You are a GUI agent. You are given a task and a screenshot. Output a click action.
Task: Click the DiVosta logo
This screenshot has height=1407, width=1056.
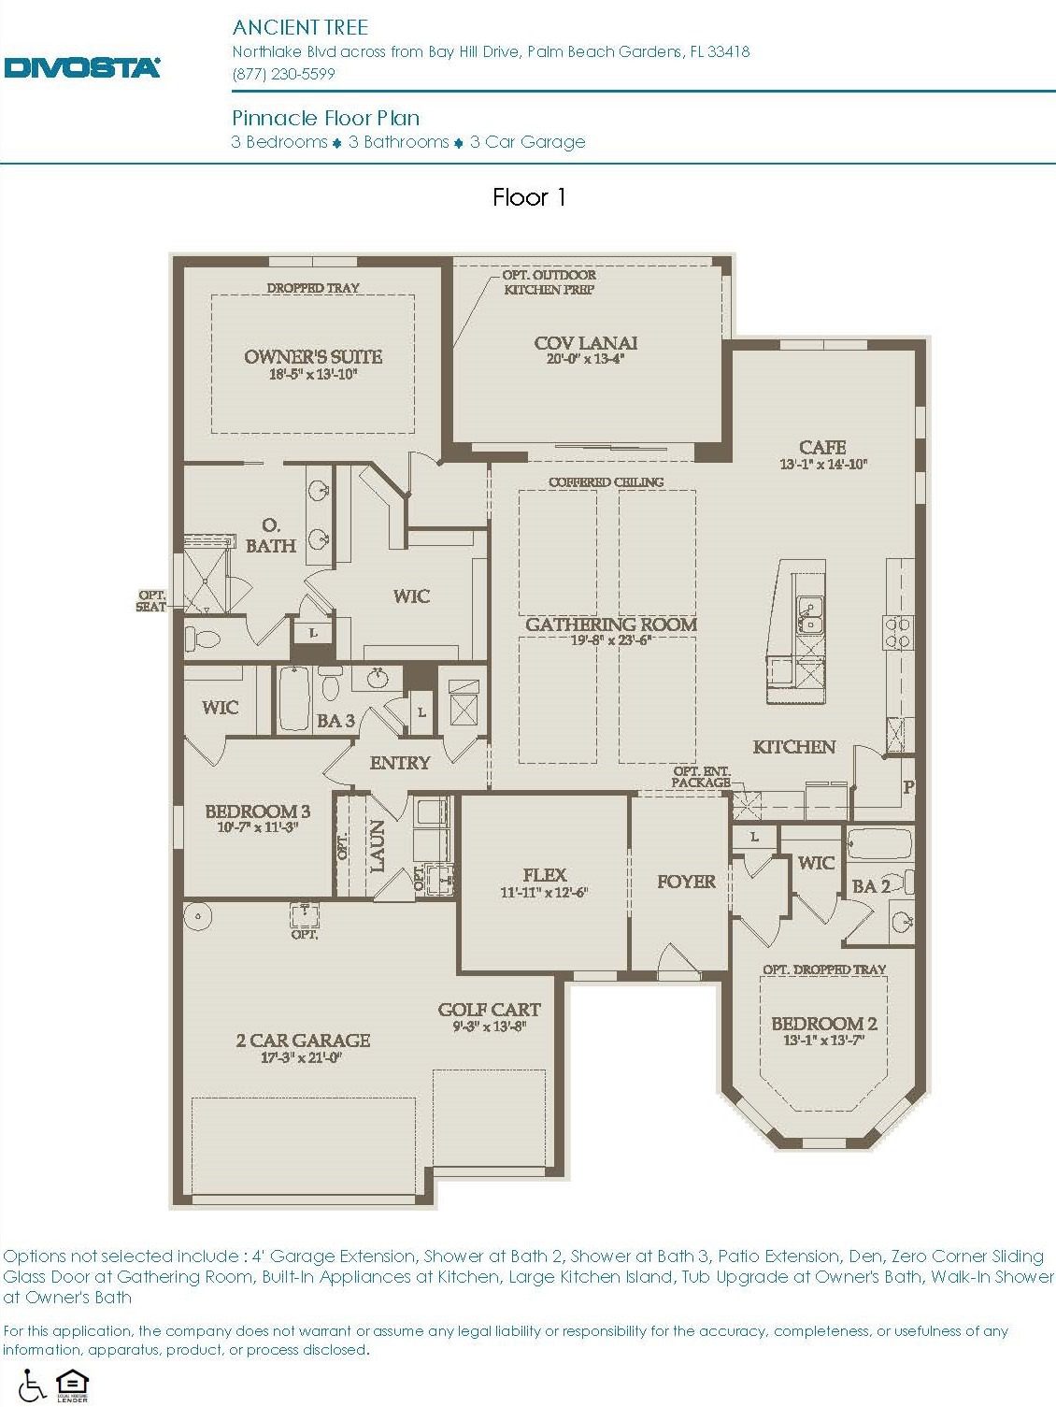pyautogui.click(x=82, y=67)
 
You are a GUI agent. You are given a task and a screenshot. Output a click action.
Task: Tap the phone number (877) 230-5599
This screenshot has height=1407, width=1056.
pyautogui.click(x=283, y=74)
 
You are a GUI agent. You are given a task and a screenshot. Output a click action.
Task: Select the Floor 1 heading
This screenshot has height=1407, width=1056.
pyautogui.click(x=529, y=197)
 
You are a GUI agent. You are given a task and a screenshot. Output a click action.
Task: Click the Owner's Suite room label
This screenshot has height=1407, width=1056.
pyautogui.click(x=313, y=356)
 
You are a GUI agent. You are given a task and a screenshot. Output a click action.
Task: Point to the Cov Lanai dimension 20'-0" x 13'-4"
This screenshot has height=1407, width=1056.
pyautogui.click(x=586, y=358)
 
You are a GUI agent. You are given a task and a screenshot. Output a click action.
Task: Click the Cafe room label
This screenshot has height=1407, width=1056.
pyautogui.click(x=822, y=447)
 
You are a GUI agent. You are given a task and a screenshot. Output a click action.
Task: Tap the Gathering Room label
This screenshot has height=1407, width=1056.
pyautogui.click(x=610, y=624)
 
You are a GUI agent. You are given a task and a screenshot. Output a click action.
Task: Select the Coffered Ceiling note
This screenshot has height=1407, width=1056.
pyautogui.click(x=606, y=481)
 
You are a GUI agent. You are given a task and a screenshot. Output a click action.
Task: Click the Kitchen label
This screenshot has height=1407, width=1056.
pyautogui.click(x=793, y=746)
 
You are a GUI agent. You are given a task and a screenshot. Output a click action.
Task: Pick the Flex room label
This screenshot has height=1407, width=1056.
pyautogui.click(x=544, y=874)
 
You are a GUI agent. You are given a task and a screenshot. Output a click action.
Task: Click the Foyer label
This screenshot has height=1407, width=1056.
pyautogui.click(x=685, y=881)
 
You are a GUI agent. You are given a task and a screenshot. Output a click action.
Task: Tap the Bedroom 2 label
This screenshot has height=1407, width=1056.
pyautogui.click(x=823, y=1023)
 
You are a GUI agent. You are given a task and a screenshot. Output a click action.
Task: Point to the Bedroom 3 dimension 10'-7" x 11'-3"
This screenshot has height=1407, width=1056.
pyautogui.click(x=257, y=826)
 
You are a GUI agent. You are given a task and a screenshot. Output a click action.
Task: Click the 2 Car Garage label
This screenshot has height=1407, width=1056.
pyautogui.click(x=303, y=1040)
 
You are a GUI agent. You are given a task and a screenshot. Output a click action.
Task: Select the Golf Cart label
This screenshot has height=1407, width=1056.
pyautogui.click(x=489, y=1009)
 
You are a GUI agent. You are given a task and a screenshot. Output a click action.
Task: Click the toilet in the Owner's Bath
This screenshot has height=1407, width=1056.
pyautogui.click(x=202, y=639)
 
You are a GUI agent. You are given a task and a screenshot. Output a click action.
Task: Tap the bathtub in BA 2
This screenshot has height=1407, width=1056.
pyautogui.click(x=879, y=844)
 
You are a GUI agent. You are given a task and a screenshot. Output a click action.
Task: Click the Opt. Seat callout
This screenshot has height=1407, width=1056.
pyautogui.click(x=151, y=600)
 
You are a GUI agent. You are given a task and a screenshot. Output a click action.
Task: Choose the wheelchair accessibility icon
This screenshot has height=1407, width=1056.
pyautogui.click(x=32, y=1385)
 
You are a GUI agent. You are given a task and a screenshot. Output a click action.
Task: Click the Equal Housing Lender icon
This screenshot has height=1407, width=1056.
pyautogui.click(x=72, y=1385)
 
